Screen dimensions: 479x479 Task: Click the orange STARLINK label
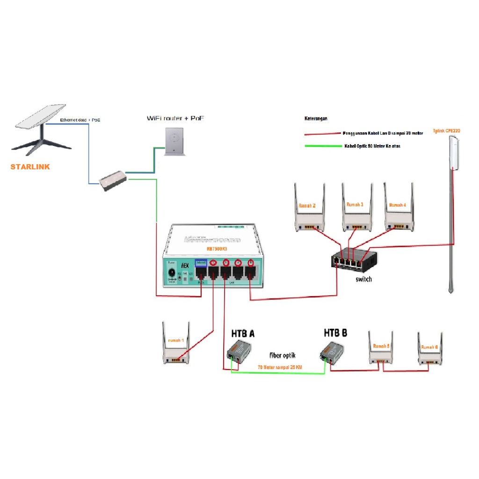click(30, 167)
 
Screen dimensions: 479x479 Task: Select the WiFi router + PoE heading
click(175, 118)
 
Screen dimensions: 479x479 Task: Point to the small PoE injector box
click(113, 180)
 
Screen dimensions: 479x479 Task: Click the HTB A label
click(243, 334)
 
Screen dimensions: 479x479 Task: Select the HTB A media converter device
click(239, 351)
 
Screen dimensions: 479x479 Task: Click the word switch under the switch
click(363, 279)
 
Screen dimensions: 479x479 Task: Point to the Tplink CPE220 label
click(447, 131)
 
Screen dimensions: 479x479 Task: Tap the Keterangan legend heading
click(316, 119)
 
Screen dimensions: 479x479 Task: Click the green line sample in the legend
click(323, 146)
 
